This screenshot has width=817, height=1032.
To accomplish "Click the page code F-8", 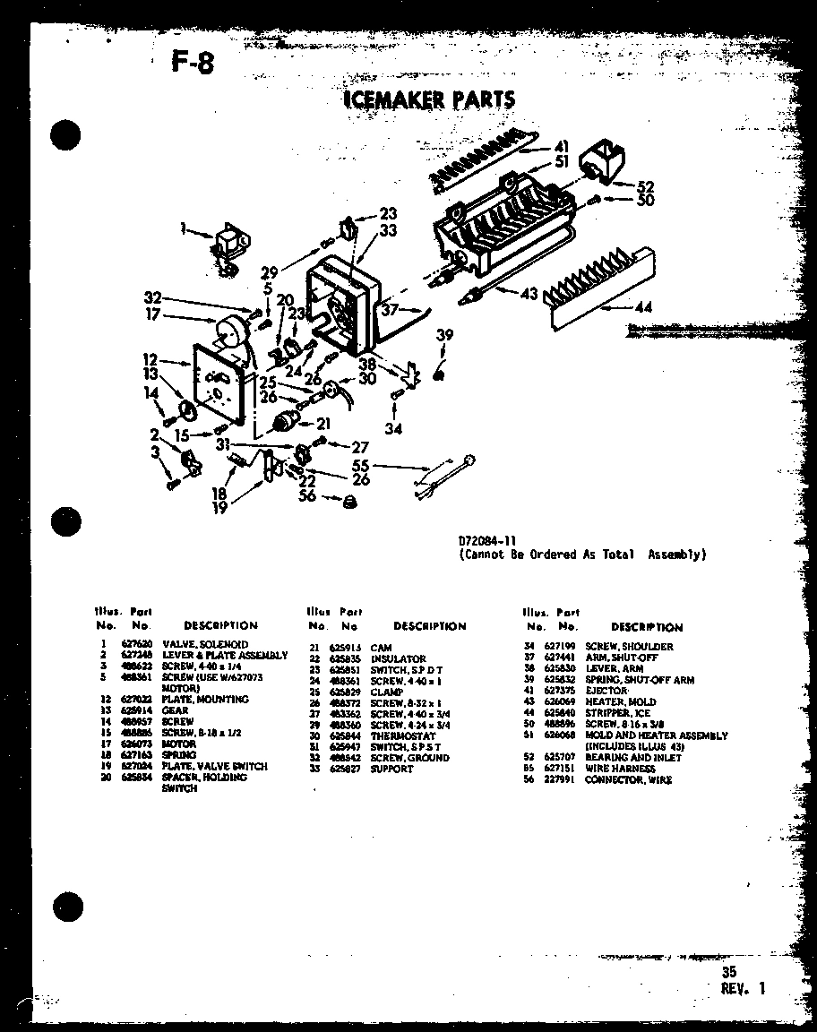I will (192, 62).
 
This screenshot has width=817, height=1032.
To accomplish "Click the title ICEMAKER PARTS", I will (429, 99).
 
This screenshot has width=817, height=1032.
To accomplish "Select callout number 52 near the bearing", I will (645, 187).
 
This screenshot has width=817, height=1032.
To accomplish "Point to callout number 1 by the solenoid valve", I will (184, 230).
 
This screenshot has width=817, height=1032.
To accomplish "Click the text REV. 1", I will (743, 989).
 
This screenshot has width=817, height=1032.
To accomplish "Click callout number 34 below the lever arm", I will (393, 428).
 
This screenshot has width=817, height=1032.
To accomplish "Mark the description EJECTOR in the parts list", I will (606, 691).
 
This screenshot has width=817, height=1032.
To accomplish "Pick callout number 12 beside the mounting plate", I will (150, 359).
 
